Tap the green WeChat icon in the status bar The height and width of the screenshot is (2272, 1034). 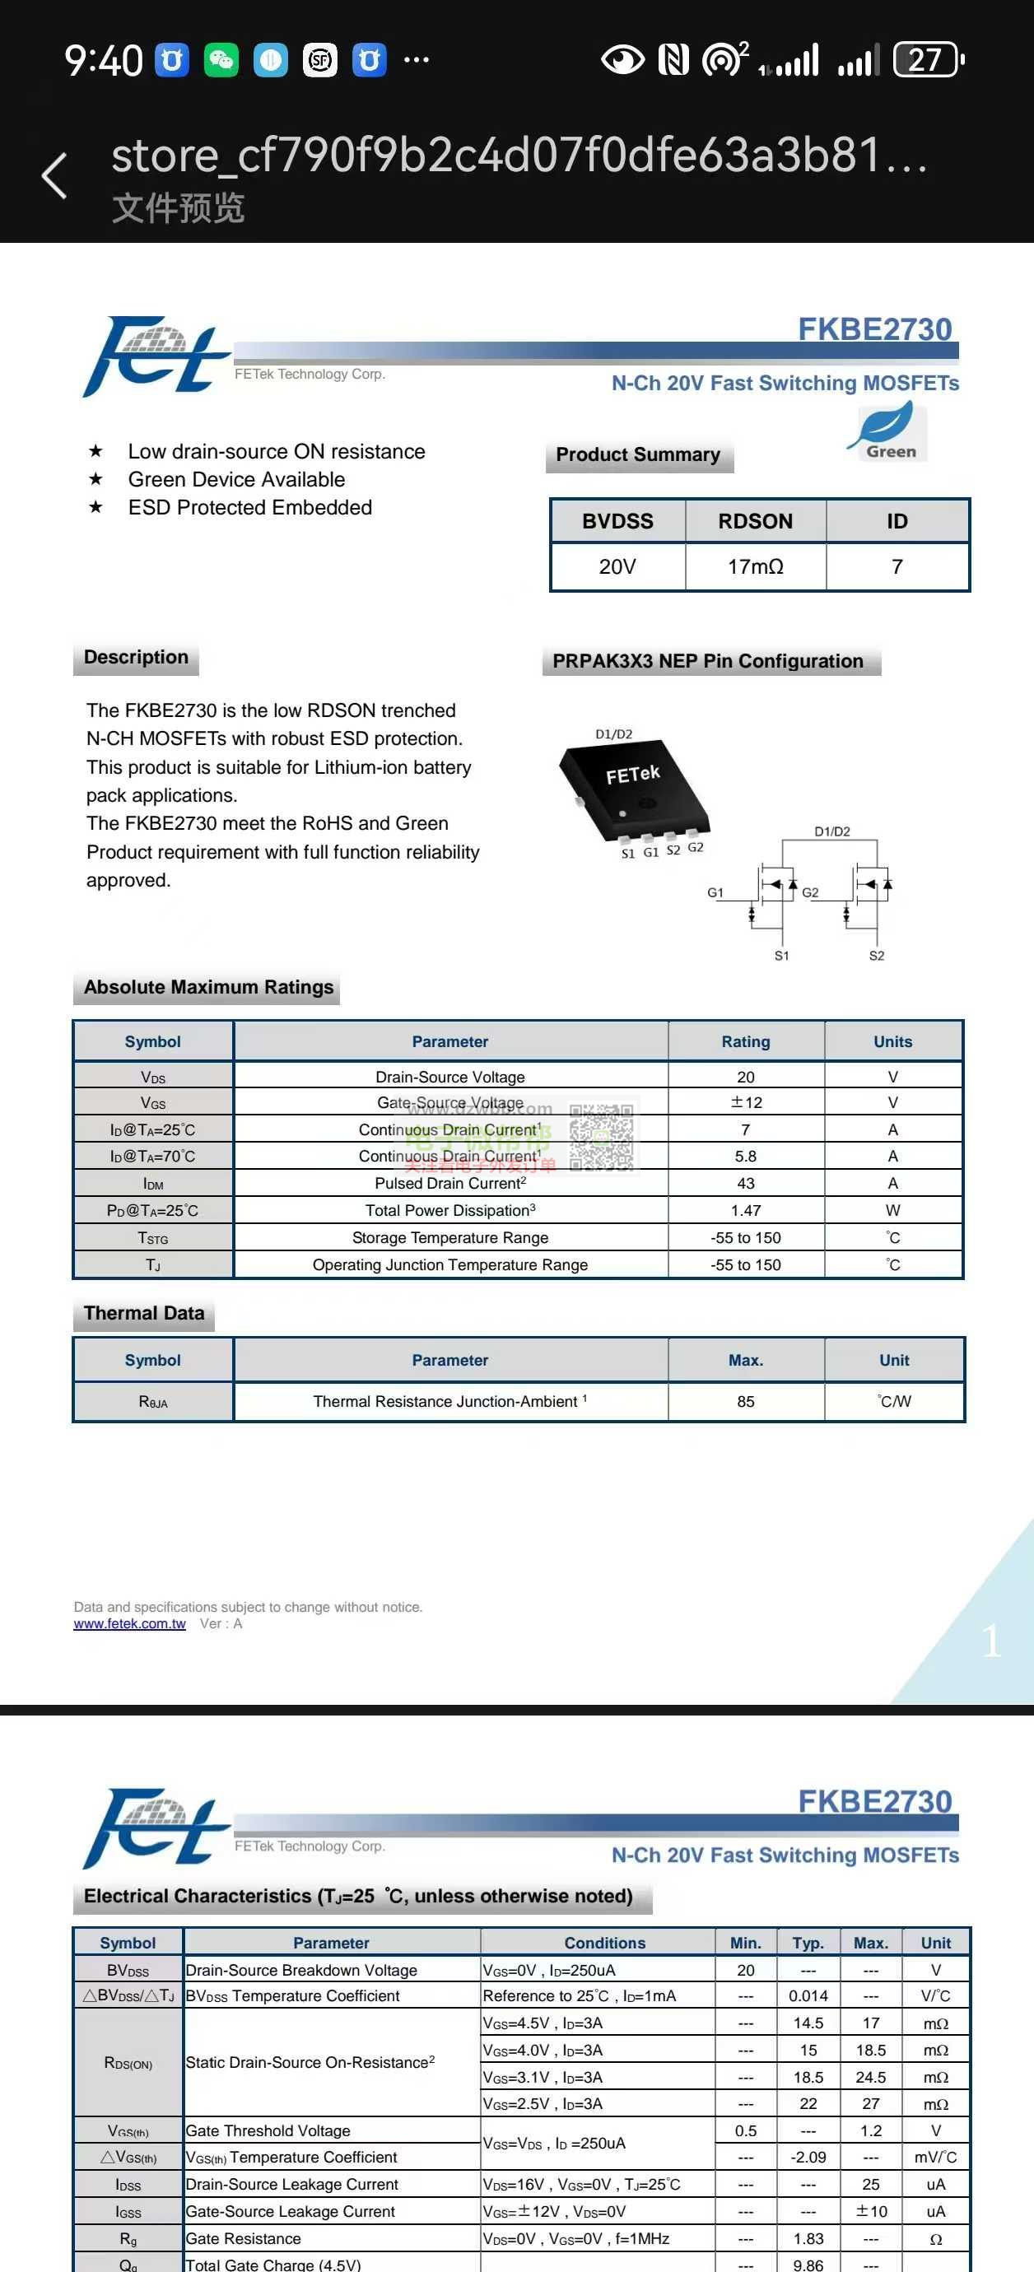click(x=221, y=60)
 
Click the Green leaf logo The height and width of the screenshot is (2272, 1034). click(x=886, y=431)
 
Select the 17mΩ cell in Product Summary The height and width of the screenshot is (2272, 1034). click(x=755, y=566)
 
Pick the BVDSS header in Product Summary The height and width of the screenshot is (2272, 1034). click(x=617, y=521)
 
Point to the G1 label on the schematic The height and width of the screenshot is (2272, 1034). click(x=715, y=892)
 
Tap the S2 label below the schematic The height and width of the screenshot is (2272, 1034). click(x=876, y=955)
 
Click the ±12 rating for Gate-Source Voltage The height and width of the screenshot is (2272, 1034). click(x=746, y=1102)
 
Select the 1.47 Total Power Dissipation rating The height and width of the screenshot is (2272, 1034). click(x=746, y=1210)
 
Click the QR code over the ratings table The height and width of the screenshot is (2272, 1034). click(x=601, y=1138)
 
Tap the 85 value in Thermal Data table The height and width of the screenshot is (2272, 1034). click(x=746, y=1401)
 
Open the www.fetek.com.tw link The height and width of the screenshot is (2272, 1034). click(x=130, y=1623)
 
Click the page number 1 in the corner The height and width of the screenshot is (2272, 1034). click(x=990, y=1641)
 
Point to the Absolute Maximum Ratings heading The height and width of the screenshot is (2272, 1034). click(x=208, y=987)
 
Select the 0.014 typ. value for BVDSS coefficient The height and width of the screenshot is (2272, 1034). click(x=808, y=1996)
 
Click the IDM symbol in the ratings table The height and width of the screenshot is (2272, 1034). click(x=152, y=1184)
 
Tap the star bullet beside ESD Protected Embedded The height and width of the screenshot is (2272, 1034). click(x=95, y=507)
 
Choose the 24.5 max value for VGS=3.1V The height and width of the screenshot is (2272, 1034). click(x=871, y=2077)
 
